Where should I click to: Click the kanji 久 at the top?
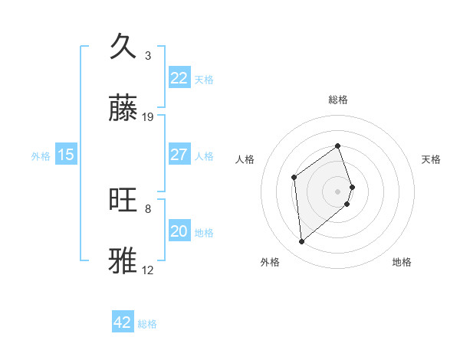124,47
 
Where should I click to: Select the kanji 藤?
124,108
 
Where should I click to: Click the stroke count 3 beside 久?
147,56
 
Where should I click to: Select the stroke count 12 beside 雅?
148,270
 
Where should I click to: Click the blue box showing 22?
179,78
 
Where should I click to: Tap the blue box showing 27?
179,155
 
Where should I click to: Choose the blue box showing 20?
179,231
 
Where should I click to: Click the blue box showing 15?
66,155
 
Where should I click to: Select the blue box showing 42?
123,322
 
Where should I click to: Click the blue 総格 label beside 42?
147,324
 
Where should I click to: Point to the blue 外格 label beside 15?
41,156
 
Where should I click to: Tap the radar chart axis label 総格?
338,100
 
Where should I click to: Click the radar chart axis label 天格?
432,159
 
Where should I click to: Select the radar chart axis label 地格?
402,262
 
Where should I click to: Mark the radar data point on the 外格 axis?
302,242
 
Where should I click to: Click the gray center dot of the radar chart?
338,190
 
